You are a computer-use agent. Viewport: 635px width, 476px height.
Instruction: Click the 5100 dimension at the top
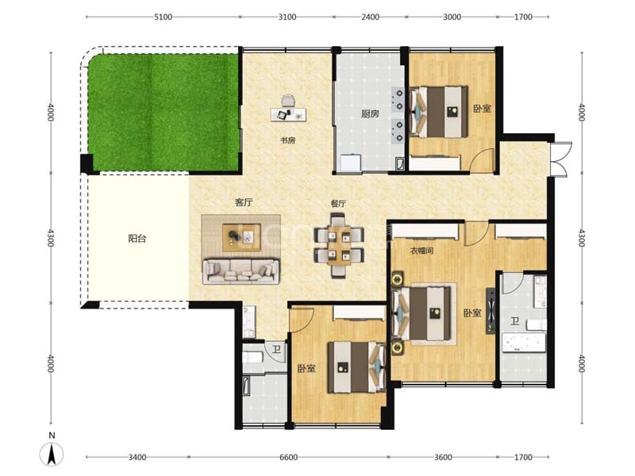tap(164, 17)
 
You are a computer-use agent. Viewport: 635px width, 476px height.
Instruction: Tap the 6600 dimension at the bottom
tap(288, 458)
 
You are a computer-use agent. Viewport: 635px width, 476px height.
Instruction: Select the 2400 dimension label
tap(370, 17)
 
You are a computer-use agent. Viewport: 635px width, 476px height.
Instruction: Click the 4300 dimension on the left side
tap(51, 237)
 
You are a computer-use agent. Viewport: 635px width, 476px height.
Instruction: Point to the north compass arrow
tap(52, 454)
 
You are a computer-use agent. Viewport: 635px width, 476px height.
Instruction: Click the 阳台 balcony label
tap(137, 239)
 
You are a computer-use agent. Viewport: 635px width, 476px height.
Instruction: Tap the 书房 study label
tap(288, 140)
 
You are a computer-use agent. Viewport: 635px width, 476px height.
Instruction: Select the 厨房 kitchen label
tap(370, 113)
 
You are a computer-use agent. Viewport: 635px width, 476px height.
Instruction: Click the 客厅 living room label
tap(244, 202)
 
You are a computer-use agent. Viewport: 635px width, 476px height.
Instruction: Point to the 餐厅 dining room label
tap(338, 204)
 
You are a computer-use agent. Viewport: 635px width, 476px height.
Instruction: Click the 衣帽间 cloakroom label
tap(422, 251)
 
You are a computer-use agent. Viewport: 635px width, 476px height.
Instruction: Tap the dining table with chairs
tap(339, 247)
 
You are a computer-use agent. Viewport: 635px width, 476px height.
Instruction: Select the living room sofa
tap(241, 271)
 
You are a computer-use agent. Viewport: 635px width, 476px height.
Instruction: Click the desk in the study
tap(288, 114)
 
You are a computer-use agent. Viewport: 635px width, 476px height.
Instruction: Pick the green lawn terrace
tap(164, 112)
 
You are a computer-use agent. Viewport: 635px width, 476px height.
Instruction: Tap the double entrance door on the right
tap(561, 159)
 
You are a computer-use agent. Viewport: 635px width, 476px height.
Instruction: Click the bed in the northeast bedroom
tap(440, 111)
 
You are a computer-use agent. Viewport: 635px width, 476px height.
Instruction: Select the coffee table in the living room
tap(242, 237)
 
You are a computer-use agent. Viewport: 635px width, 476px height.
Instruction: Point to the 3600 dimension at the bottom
tap(443, 458)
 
